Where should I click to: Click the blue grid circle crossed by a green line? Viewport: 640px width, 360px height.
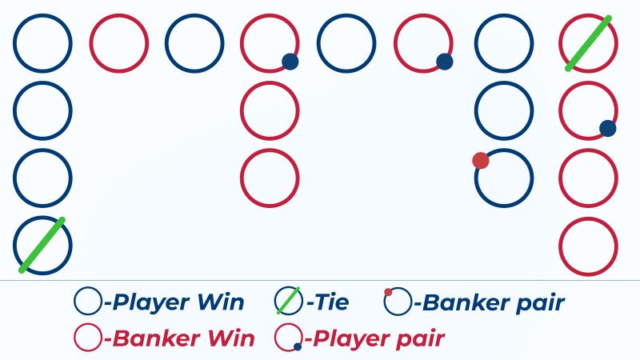click(x=42, y=246)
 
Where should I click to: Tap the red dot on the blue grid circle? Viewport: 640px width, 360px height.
click(x=480, y=161)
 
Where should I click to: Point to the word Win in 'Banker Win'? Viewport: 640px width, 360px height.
click(x=227, y=338)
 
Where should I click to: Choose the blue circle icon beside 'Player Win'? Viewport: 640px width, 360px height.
click(x=87, y=302)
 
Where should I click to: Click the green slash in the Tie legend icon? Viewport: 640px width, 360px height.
click(x=288, y=301)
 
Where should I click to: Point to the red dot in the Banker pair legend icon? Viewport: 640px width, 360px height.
click(x=388, y=292)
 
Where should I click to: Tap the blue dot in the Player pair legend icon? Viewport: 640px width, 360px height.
click(x=298, y=346)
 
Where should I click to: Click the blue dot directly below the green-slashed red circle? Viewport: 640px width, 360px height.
click(x=607, y=127)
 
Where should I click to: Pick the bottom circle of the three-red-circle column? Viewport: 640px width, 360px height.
click(x=270, y=178)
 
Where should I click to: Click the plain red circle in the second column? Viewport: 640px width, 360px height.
click(x=118, y=42)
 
